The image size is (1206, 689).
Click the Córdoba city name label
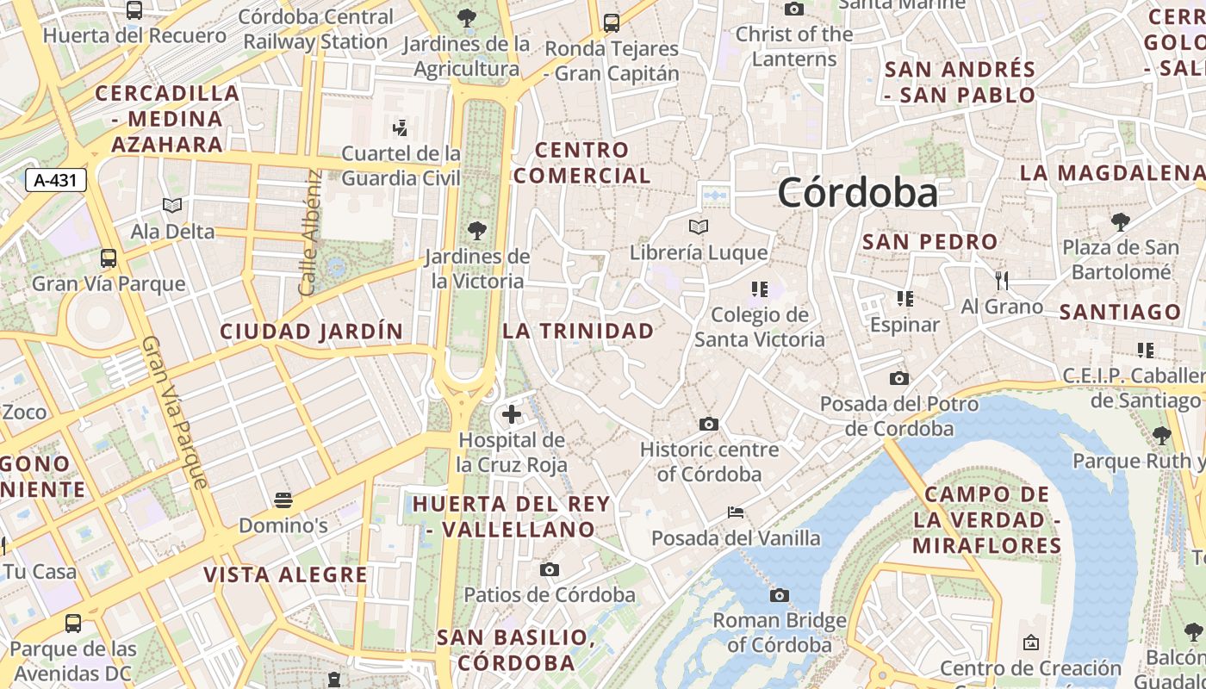click(x=857, y=192)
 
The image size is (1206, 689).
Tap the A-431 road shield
click(x=56, y=181)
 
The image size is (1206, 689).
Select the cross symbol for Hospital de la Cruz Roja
click(x=512, y=414)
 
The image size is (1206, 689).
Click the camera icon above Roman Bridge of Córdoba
click(x=780, y=595)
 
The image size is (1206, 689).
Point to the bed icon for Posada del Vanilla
click(x=736, y=512)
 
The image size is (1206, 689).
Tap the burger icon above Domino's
click(x=283, y=500)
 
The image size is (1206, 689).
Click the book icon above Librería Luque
click(x=699, y=227)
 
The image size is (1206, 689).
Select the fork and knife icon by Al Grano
click(x=1002, y=280)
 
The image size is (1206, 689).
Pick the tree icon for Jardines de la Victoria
click(x=476, y=231)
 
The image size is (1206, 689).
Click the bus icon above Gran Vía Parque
click(x=109, y=258)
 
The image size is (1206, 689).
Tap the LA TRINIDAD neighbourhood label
click(x=579, y=331)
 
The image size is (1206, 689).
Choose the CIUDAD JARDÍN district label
click(x=311, y=332)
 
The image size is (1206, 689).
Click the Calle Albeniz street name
click(x=311, y=233)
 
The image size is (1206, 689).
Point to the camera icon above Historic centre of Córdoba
click(x=709, y=424)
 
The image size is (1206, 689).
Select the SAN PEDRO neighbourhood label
click(x=930, y=242)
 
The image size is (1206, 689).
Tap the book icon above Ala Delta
click(x=172, y=206)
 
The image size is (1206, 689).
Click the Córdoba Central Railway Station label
click(x=315, y=29)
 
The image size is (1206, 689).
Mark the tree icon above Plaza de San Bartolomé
click(x=1121, y=222)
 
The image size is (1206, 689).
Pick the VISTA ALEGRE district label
click(x=286, y=574)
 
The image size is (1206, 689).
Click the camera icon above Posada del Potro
click(x=898, y=379)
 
